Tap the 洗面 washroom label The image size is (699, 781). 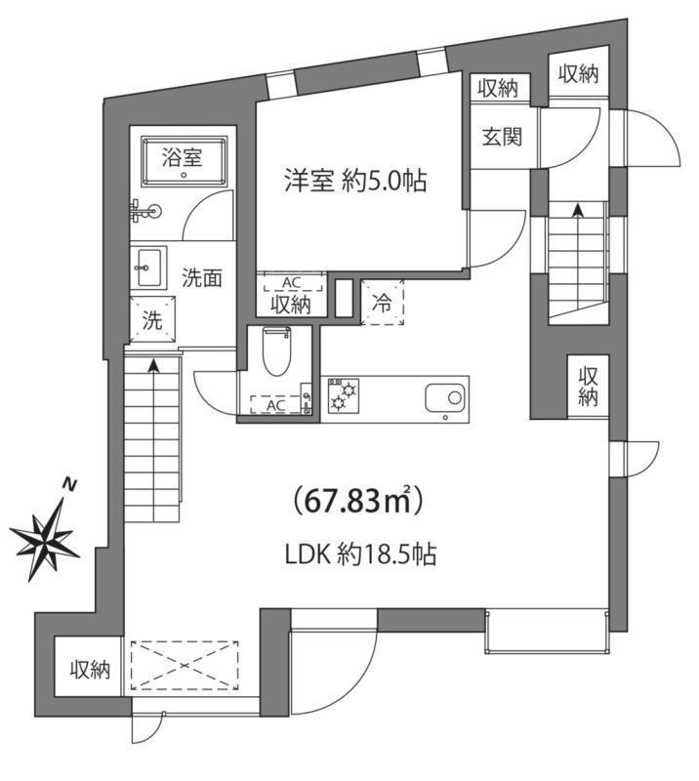pos(202,277)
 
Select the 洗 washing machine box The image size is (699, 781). pos(153,320)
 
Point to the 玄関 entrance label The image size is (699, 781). pos(500,136)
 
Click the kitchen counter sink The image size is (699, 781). pos(445,397)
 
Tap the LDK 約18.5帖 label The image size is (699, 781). pos(359,555)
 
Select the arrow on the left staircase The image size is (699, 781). pos(153,367)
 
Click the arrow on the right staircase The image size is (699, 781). pos(578,209)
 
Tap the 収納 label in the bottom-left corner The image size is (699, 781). pos(89,670)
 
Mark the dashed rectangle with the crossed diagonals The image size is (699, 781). pos(185,666)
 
